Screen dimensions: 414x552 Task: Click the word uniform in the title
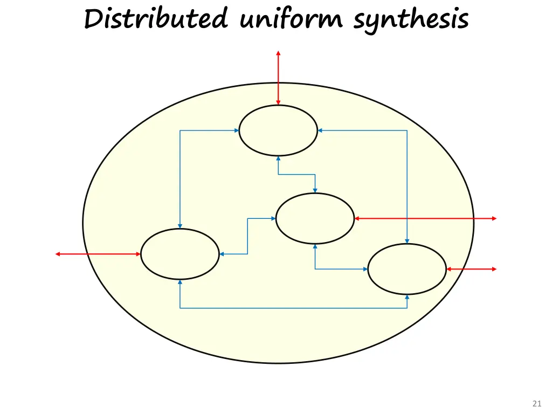pos(291,20)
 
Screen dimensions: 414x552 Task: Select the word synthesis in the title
pos(411,21)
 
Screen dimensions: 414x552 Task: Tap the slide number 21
pos(536,403)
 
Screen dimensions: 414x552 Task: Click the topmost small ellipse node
pos(278,130)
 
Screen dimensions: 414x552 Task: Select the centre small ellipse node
pos(315,218)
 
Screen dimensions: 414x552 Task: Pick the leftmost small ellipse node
pos(180,254)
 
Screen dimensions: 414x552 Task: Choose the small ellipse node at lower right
pos(407,269)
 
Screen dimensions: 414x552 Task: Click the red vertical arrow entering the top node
pos(278,78)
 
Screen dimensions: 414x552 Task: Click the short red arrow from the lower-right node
pos(471,269)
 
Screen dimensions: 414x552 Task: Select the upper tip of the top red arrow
pos(278,52)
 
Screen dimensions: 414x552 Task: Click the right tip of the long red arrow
pos(495,218)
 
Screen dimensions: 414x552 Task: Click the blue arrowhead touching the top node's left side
pos(237,130)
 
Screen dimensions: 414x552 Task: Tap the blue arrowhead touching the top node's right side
pos(320,130)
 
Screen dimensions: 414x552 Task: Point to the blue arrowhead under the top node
pos(278,158)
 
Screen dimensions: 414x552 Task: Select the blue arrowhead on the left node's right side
pos(222,254)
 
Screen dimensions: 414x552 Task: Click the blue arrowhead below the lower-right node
pos(407,297)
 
